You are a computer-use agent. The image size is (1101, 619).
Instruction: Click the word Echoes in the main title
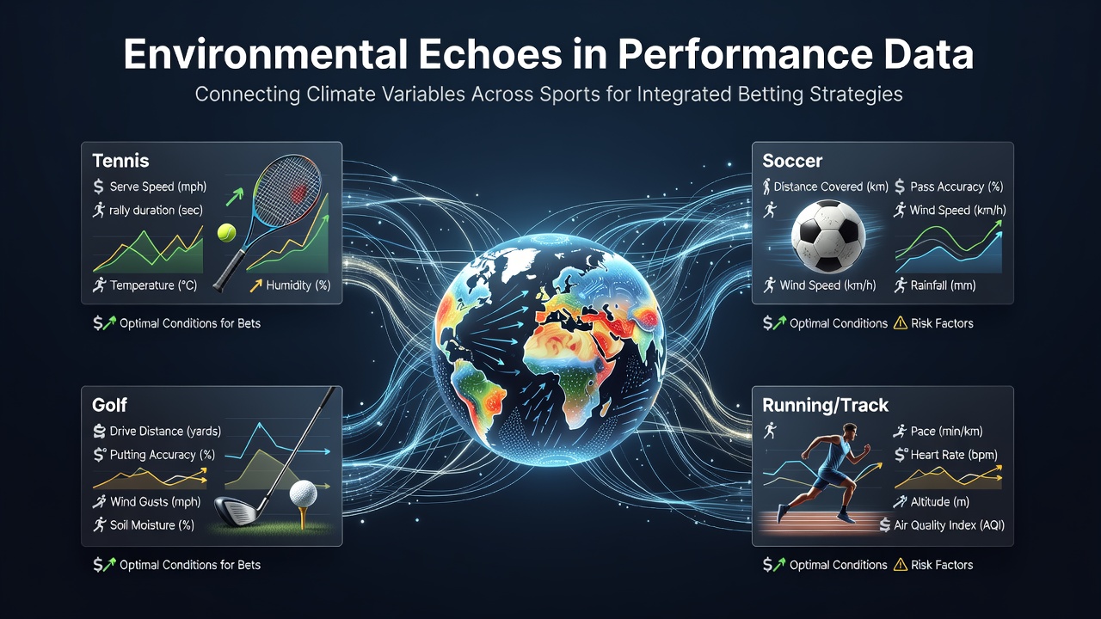point(490,54)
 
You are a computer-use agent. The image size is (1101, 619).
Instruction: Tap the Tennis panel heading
point(120,161)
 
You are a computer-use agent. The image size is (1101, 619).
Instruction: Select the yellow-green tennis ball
point(226,233)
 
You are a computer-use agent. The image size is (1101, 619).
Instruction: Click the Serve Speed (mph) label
point(158,187)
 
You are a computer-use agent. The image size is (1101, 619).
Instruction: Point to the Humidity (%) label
point(298,285)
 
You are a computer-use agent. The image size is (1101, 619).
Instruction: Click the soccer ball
point(828,236)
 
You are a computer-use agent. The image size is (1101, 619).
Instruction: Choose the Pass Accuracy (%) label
point(956,187)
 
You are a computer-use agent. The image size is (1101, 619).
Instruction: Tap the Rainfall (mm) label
point(943,285)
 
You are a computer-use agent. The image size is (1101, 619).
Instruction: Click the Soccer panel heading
point(792,161)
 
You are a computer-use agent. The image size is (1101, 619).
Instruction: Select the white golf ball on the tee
point(304,493)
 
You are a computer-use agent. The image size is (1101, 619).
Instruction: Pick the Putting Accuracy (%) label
point(163,455)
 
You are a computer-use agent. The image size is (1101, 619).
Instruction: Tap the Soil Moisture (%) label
point(152,525)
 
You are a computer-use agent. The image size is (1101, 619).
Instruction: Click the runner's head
point(849,432)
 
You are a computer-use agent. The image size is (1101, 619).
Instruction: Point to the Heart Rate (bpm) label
point(954,455)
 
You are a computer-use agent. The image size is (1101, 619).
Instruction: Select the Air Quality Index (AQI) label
point(949,525)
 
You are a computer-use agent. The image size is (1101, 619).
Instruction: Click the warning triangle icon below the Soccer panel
point(900,323)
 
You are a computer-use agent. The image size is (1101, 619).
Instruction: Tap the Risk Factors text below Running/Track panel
point(942,565)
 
